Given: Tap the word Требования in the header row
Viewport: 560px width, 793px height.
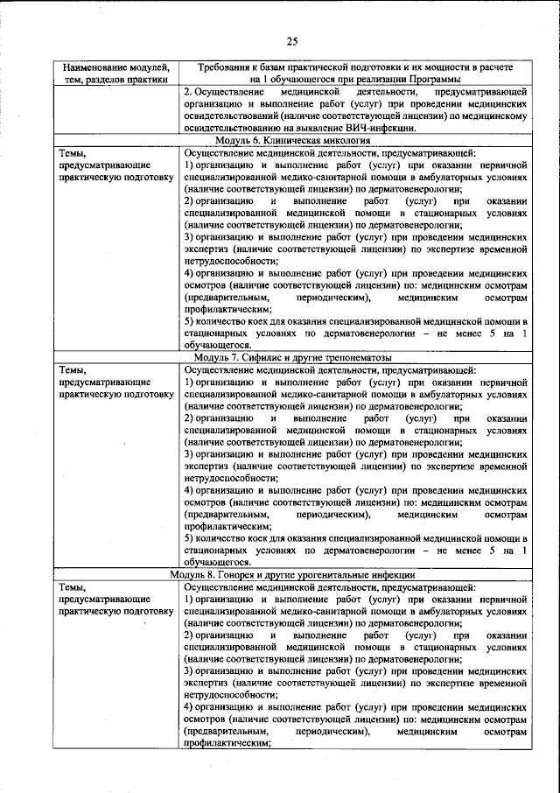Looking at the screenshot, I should click(x=229, y=67).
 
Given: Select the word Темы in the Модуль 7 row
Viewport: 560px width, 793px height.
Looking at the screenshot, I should click(x=70, y=370).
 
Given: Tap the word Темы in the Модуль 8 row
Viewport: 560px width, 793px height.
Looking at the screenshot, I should click(x=70, y=586).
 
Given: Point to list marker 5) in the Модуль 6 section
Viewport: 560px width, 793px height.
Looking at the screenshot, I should click(x=190, y=321).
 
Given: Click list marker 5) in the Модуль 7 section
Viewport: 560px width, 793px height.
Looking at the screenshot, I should click(x=190, y=538).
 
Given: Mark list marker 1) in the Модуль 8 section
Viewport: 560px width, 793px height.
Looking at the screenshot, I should click(x=190, y=599).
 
